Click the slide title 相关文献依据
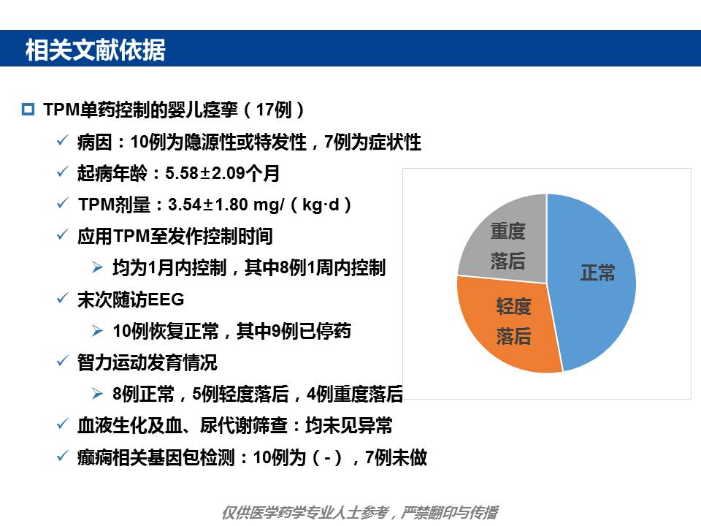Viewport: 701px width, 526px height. (x=95, y=50)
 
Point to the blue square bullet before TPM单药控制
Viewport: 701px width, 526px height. (x=28, y=109)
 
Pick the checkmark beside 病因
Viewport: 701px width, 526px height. (x=63, y=140)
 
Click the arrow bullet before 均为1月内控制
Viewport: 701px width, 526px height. (x=97, y=267)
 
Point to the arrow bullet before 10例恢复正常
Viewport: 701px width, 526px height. (x=97, y=331)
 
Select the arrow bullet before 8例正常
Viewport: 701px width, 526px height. (x=97, y=394)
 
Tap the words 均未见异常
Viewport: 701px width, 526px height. (x=349, y=425)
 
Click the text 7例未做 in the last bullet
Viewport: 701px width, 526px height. (x=396, y=457)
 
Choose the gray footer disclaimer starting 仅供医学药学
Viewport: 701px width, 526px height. (x=360, y=513)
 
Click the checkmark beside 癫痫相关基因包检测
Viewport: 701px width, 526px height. (x=63, y=455)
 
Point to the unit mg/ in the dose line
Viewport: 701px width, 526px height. (x=269, y=205)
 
